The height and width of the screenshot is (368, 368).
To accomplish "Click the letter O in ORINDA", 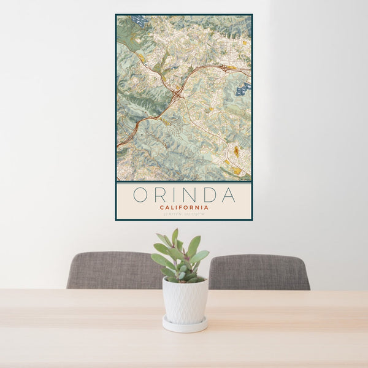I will tap(140, 195).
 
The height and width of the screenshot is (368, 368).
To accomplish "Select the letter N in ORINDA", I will tap(188, 195).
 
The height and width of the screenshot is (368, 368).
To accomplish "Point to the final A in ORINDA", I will tap(228, 195).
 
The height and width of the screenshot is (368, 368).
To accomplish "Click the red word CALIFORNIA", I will tap(184, 207).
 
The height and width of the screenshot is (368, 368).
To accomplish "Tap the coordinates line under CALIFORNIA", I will tap(184, 214).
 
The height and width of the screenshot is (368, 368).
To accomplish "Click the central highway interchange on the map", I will tap(177, 94).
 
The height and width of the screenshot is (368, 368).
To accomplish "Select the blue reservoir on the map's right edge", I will tap(243, 90).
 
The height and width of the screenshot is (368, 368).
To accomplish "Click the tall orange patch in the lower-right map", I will tap(236, 151).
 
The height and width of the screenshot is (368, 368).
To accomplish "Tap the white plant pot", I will tap(185, 301).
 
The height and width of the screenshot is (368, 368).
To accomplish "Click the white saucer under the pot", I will tap(185, 326).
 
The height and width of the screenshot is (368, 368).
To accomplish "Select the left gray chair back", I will tap(113, 270).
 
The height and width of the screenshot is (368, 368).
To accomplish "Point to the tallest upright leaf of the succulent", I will tap(175, 237).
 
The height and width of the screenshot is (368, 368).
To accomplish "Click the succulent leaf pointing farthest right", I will tap(201, 255).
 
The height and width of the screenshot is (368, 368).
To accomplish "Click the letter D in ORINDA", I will tap(207, 195).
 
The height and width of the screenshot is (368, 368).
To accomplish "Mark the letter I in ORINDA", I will tap(174, 195).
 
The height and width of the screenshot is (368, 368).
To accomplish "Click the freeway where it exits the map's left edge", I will tap(119, 145).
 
